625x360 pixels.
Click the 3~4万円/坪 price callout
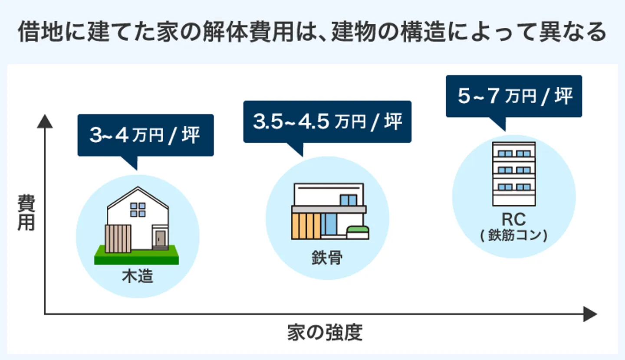pyautogui.click(x=145, y=135)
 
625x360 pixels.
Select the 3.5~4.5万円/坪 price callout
pyautogui.click(x=327, y=122)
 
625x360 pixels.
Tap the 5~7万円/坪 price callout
pyautogui.click(x=514, y=96)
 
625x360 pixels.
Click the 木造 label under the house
pyautogui.click(x=138, y=276)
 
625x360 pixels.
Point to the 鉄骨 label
pyautogui.click(x=327, y=258)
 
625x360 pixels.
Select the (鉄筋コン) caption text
pyautogui.click(x=513, y=236)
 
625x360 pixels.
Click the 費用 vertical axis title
pyautogui.click(x=26, y=213)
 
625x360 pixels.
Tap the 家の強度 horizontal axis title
pyautogui.click(x=325, y=333)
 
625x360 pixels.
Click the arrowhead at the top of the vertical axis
pyautogui.click(x=45, y=122)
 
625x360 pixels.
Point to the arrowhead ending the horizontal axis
pyautogui.click(x=590, y=314)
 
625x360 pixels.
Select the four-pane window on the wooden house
pyautogui.click(x=138, y=209)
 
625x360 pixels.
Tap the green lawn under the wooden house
pyautogui.click(x=136, y=256)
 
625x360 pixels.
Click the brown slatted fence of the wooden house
pyautogui.click(x=118, y=238)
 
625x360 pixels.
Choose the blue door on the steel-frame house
pyautogui.click(x=331, y=225)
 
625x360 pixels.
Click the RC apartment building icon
pyautogui.click(x=513, y=173)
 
